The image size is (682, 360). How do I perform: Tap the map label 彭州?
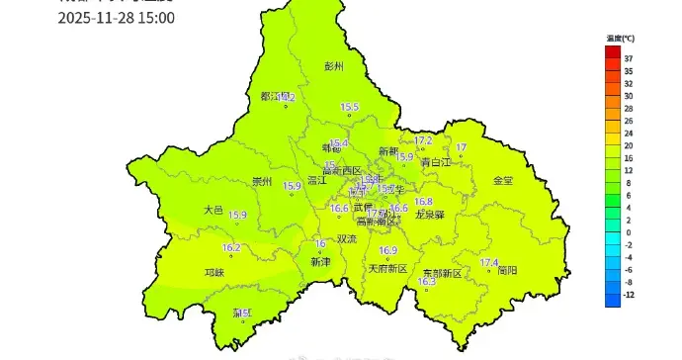click(334, 67)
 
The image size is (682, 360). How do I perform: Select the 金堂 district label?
click(502, 181)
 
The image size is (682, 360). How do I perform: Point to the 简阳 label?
click(507, 269)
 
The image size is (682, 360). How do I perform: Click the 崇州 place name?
click(261, 182)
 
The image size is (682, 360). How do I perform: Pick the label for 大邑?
click(213, 210)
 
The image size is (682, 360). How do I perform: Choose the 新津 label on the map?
click(320, 262)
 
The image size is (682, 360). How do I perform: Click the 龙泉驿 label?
click(429, 214)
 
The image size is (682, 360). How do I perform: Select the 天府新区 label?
click(387, 268)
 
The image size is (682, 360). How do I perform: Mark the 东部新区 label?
click(441, 273)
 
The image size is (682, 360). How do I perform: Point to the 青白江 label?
click(435, 161)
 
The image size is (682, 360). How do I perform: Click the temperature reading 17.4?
click(488, 262)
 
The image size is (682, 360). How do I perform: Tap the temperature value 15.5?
click(349, 107)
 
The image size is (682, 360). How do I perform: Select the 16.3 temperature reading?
click(427, 282)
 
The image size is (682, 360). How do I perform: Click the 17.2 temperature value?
click(423, 141)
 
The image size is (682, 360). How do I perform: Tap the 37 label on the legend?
click(628, 58)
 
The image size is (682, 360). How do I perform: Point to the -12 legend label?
click(628, 295)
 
